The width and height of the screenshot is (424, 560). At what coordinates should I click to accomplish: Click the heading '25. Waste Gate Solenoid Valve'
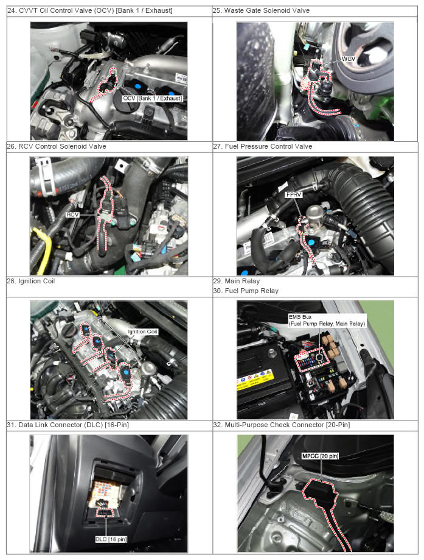261,11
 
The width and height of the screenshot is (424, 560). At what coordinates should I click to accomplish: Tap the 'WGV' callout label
349,58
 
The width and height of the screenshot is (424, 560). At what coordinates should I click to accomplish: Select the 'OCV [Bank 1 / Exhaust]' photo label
152,98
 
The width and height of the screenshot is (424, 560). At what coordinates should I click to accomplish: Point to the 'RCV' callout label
72,214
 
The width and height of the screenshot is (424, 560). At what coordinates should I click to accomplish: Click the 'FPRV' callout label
294,194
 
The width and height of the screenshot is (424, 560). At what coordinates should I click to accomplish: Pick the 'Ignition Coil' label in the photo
142,331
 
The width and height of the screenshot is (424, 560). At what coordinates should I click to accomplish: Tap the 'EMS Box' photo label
300,317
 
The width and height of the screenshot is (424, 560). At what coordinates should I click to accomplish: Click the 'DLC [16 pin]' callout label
111,539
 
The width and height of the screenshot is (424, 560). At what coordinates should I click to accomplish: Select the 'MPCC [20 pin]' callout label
320,456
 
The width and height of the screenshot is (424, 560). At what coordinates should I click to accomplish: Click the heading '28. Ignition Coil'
31,281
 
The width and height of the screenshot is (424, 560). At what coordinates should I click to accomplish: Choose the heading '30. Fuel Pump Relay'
246,291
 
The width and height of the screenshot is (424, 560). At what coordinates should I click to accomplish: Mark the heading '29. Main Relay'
237,281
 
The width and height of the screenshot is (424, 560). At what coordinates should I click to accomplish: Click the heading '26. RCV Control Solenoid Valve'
57,146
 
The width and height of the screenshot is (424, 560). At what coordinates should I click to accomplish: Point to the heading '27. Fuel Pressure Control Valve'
262,146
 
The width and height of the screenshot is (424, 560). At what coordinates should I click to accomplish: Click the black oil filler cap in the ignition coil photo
69,331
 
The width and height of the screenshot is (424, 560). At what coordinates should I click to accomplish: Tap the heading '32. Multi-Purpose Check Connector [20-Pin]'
282,425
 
